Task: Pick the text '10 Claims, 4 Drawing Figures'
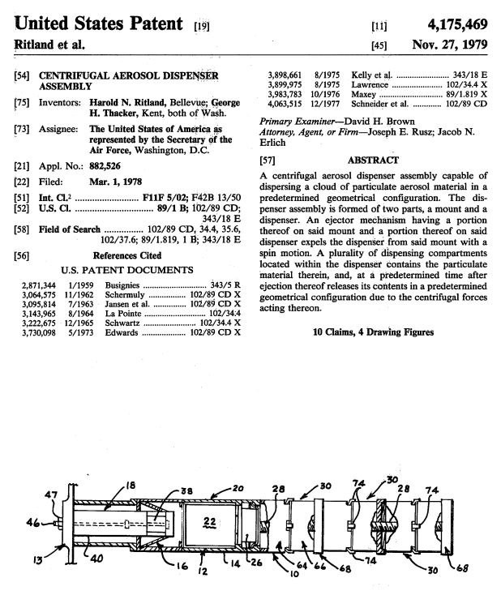click(x=373, y=332)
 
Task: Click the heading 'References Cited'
click(x=126, y=255)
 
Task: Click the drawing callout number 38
click(x=185, y=490)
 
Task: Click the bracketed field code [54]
click(x=22, y=75)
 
